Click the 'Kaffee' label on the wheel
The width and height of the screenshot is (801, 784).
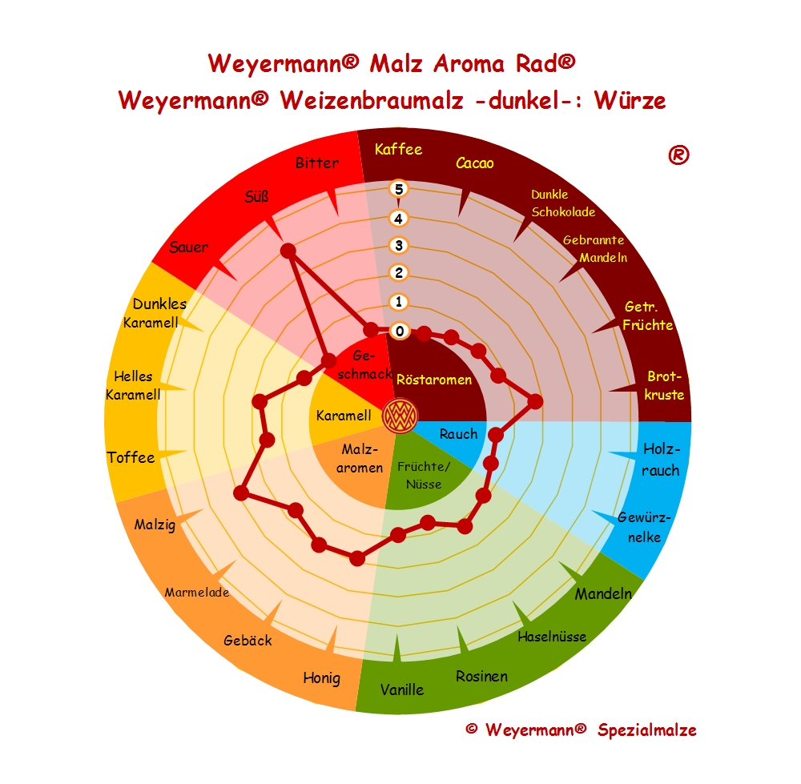click(398, 150)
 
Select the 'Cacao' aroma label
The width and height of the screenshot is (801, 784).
click(474, 163)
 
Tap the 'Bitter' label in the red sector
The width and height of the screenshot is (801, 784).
click(317, 163)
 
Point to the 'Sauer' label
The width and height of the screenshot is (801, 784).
click(188, 247)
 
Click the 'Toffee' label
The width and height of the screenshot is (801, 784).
click(131, 458)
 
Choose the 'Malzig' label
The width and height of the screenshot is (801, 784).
click(155, 525)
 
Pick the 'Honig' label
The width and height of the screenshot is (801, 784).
click(321, 678)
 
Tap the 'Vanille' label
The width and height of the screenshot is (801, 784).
click(402, 689)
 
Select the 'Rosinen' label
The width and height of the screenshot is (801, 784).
click(481, 677)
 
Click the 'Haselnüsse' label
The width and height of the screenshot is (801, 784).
click(552, 637)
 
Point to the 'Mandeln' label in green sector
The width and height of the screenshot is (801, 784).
click(603, 594)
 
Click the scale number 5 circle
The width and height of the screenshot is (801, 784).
click(398, 189)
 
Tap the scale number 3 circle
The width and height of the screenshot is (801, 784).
click(398, 245)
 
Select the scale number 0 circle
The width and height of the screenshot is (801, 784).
click(398, 331)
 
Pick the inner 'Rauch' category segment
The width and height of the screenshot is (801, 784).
click(458, 435)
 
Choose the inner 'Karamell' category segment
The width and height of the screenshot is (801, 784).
click(344, 416)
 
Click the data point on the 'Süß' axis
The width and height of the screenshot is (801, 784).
click(288, 251)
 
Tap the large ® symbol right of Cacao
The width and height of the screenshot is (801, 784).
click(678, 156)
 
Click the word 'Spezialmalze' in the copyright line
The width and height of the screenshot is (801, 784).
click(646, 730)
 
